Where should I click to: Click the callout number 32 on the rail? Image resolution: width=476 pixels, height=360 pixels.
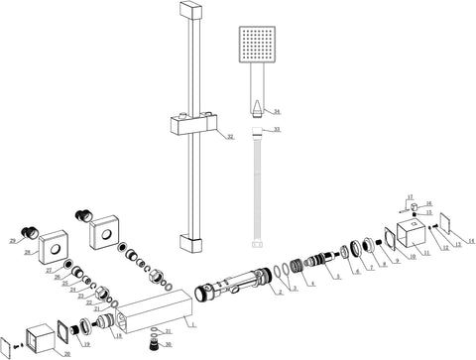tap(229, 136)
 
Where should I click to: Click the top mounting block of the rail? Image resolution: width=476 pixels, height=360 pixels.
tap(189, 12)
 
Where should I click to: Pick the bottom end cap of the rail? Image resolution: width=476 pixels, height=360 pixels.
tap(189, 242)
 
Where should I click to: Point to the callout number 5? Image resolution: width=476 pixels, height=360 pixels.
tap(337, 275)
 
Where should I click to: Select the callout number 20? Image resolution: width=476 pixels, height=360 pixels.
tap(67, 353)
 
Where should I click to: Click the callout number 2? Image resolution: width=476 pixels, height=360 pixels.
tap(280, 293)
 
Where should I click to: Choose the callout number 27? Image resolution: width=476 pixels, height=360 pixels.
tap(49, 270)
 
